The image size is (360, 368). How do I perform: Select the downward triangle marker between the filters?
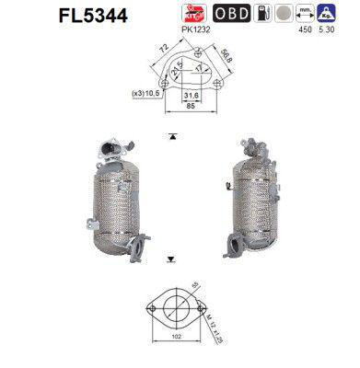[172, 261]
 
